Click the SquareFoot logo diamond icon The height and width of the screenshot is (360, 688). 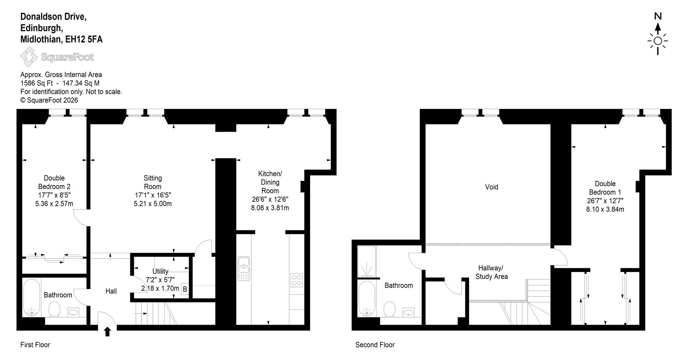pos(29,57)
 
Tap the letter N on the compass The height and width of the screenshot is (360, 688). pos(658,16)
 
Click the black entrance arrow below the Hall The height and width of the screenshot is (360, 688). pos(107,331)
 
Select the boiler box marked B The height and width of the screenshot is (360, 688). pos(185,289)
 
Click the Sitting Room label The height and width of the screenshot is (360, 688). pos(153,182)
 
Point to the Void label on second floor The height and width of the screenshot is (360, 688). pos(491,187)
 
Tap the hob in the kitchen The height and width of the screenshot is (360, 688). pos(297,280)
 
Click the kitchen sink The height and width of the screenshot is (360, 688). pos(244,269)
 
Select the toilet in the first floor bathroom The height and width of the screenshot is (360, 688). pos(54,309)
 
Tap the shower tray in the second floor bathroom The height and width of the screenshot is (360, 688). pos(367,262)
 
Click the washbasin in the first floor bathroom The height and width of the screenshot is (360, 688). pos(73,313)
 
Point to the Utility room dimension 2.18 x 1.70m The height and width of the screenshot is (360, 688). pos(160,288)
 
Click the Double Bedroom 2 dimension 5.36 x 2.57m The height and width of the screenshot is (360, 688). pos(54,203)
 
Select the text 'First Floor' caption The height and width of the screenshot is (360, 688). pos(35,345)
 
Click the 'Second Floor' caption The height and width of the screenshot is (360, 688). pos(375,345)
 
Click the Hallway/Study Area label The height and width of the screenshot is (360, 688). pos(491,272)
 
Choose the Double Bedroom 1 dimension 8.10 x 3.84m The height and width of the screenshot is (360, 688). pos(605,209)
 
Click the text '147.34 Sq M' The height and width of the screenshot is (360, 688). pos(81,83)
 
